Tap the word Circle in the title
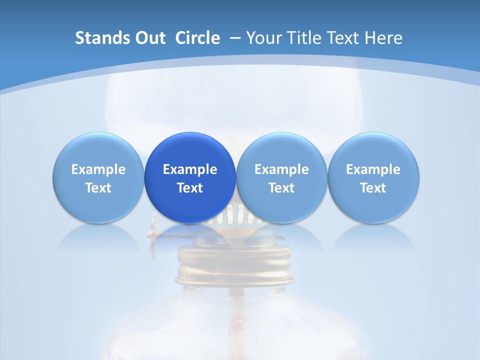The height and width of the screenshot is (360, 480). pyautogui.click(x=197, y=38)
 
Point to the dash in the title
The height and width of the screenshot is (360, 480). pyautogui.click(x=234, y=38)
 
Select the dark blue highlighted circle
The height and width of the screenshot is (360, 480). pyautogui.click(x=190, y=177)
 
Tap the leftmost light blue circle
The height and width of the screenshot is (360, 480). pyautogui.click(x=98, y=177)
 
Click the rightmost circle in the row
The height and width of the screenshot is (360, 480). pyautogui.click(x=373, y=177)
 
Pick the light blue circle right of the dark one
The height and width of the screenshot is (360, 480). pyautogui.click(x=281, y=177)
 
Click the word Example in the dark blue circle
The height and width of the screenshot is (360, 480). pyautogui.click(x=190, y=169)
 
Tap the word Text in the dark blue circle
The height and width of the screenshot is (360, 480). pyautogui.click(x=190, y=188)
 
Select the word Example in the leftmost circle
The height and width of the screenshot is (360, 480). pyautogui.click(x=98, y=169)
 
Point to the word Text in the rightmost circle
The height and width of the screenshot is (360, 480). pyautogui.click(x=373, y=188)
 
